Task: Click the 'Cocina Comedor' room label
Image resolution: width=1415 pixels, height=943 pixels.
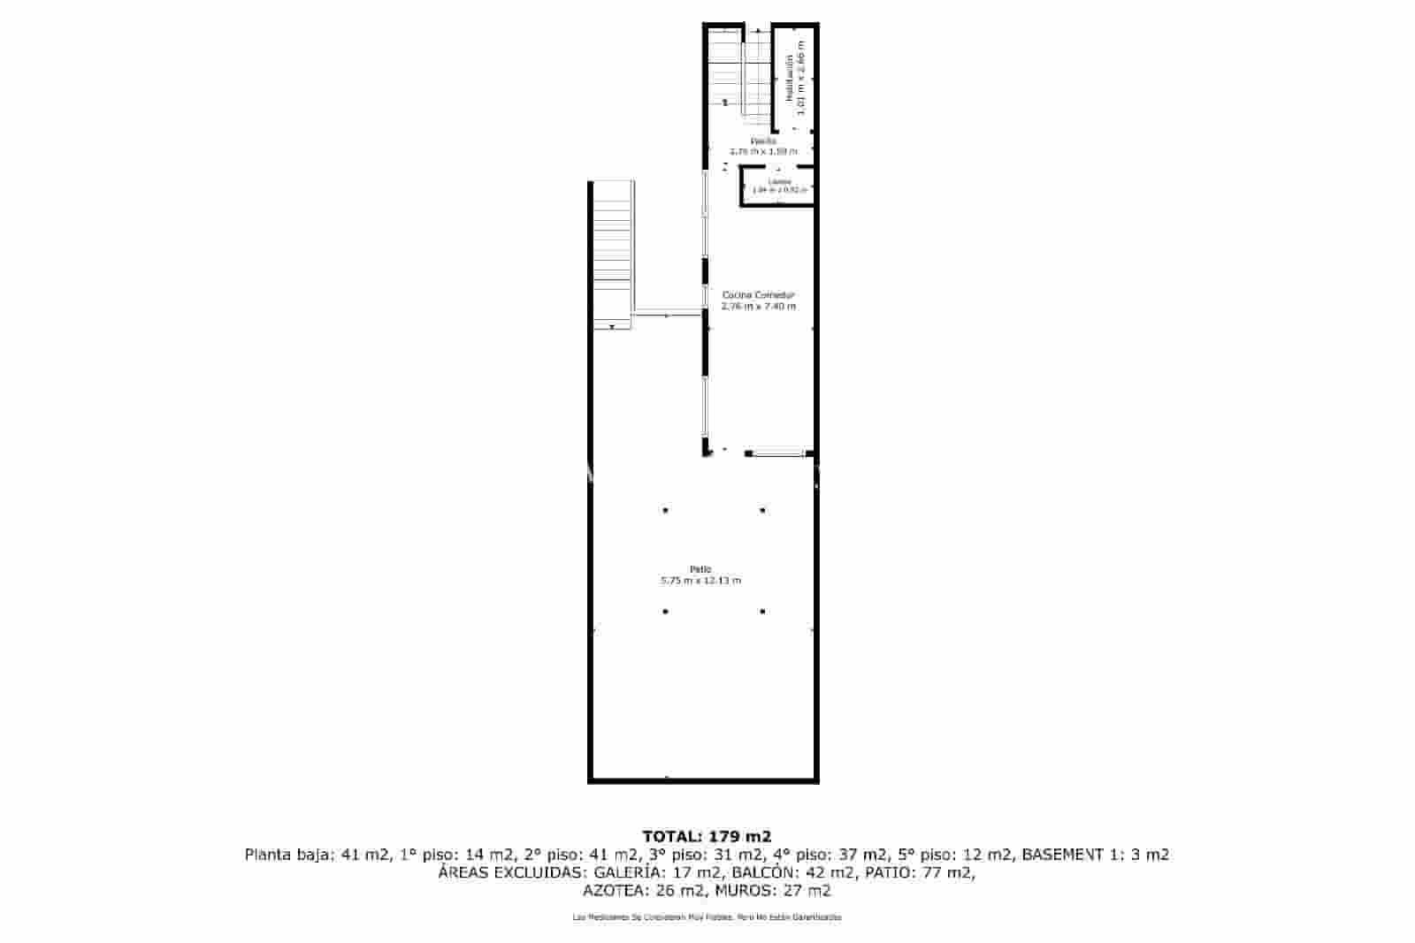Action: point(759,295)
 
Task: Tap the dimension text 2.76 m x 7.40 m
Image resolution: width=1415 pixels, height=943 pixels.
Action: point(759,307)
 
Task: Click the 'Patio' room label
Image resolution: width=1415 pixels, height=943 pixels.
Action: point(700,569)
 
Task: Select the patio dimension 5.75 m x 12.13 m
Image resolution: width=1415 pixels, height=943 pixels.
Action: point(700,581)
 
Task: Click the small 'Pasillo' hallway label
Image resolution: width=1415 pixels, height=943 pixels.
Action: point(763,141)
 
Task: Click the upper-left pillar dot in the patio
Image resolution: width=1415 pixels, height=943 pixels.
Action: point(665,510)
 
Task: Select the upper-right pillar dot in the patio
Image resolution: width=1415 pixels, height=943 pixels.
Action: point(762,510)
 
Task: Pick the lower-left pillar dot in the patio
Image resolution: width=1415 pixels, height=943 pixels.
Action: point(665,611)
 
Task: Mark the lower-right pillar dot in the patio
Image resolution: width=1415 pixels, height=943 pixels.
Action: point(762,611)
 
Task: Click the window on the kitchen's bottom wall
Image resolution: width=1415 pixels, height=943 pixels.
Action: point(778,454)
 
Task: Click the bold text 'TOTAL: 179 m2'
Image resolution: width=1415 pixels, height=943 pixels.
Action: point(707,836)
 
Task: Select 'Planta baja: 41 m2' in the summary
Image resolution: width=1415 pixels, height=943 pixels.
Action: point(317,855)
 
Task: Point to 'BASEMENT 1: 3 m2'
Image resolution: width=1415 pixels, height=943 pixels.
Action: point(1096,855)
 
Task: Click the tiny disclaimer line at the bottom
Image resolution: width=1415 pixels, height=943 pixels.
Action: point(707,917)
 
